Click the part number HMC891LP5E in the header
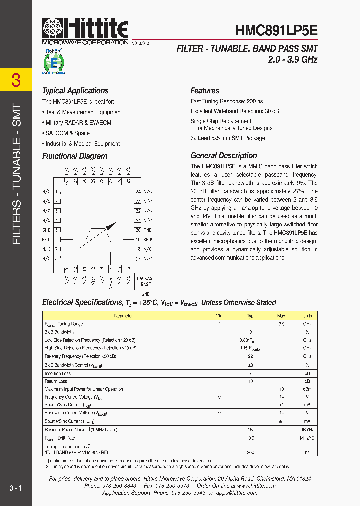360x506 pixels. click(276, 30)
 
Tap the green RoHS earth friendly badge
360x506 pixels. click(54, 61)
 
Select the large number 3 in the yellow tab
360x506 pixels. click(16, 80)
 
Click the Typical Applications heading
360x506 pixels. click(75, 91)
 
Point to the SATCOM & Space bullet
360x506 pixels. click(68, 133)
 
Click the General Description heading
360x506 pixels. click(224, 155)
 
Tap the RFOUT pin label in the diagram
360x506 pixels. click(149, 240)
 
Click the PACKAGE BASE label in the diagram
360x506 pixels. click(145, 281)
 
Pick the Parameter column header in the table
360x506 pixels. click(123, 316)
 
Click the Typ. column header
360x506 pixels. click(251, 316)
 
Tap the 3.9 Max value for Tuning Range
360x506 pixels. click(281, 324)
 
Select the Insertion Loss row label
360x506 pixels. click(58, 373)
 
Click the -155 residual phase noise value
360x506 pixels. click(251, 429)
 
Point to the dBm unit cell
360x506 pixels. click(307, 389)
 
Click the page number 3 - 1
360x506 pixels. click(15, 487)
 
